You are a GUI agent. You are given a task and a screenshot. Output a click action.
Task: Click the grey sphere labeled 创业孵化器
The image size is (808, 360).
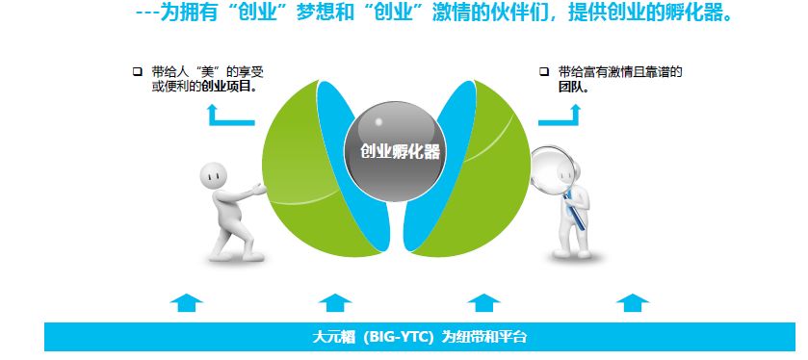[x=395, y=152]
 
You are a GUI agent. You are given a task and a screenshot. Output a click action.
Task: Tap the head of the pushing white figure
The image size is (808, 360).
[x=214, y=176]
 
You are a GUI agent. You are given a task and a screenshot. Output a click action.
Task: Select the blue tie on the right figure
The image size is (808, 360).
[x=575, y=210]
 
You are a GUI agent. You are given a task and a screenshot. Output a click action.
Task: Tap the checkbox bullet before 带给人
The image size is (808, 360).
[x=137, y=71]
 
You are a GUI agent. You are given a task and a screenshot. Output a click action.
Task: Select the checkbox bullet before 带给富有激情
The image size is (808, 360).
[x=544, y=71]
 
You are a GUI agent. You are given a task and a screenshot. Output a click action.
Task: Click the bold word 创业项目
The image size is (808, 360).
[x=229, y=86]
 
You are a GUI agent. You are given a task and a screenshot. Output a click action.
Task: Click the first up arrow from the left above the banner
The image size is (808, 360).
[x=186, y=302]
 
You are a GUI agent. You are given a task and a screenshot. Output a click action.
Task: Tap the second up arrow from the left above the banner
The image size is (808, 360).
[x=335, y=302]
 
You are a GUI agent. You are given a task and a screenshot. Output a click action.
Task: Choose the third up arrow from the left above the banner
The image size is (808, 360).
[x=483, y=302]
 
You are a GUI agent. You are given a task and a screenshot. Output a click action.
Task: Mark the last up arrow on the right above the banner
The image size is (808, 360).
[x=633, y=302]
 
